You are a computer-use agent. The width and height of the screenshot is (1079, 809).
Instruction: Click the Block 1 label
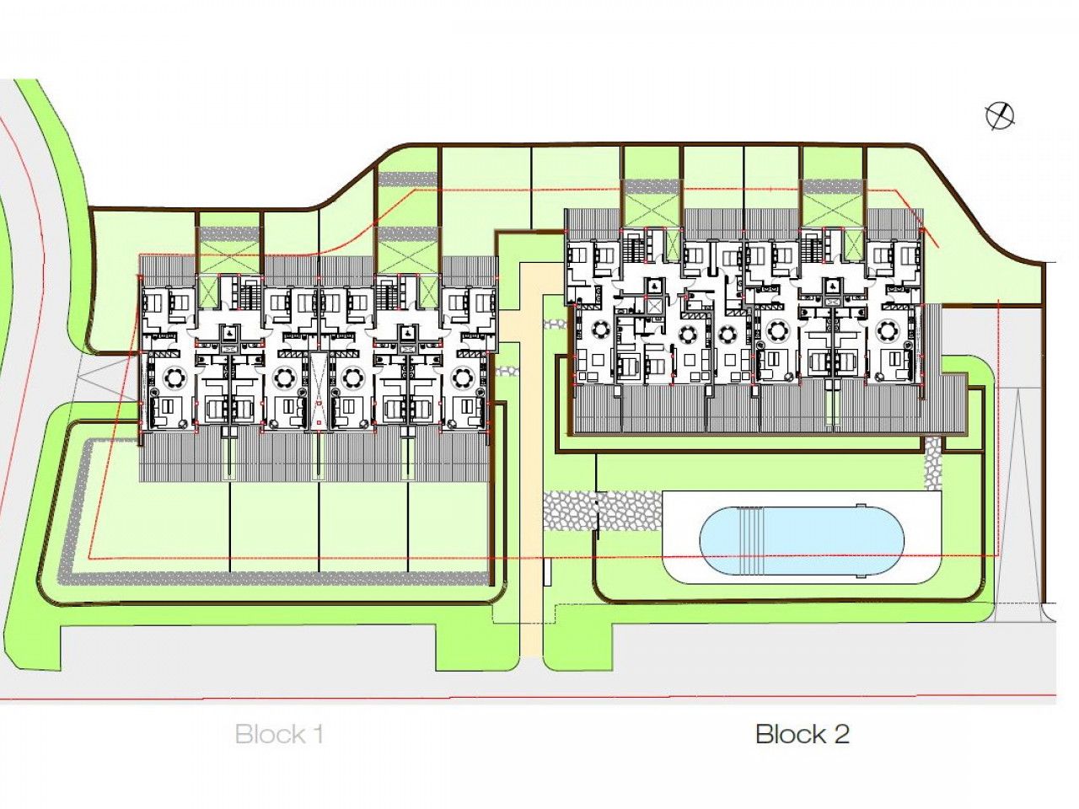click(x=279, y=734)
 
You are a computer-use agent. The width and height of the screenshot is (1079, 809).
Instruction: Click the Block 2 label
click(x=802, y=734)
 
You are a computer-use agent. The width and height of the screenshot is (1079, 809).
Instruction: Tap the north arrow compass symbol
click(x=1000, y=116)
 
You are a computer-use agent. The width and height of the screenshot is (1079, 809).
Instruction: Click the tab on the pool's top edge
click(x=859, y=506)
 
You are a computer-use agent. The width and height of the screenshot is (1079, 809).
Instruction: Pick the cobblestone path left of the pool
click(x=573, y=511)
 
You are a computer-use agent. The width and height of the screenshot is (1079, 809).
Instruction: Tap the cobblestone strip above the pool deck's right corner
click(x=933, y=463)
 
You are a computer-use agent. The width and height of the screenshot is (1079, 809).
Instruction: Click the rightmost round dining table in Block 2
click(x=889, y=329)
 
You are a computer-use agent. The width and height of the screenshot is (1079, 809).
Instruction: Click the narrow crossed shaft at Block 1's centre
click(x=319, y=393)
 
